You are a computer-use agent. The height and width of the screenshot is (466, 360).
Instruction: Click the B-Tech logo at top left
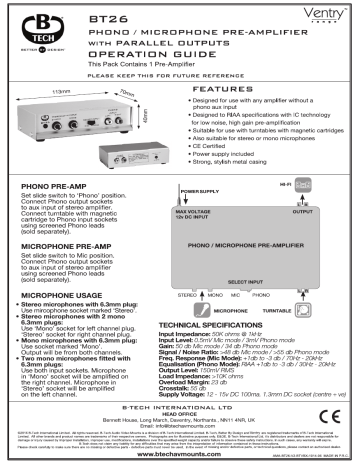(x=35, y=27)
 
